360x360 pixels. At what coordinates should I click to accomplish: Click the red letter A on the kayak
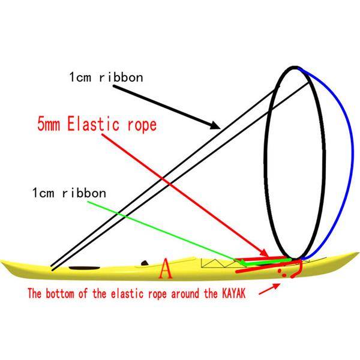pos(166,271)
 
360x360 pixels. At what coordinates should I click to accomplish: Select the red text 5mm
pos(47,125)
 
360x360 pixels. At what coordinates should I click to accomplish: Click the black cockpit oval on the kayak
pos(83,266)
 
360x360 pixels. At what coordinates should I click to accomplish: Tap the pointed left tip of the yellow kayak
pos(4,262)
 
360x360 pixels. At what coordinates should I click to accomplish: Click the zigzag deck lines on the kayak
pos(215,263)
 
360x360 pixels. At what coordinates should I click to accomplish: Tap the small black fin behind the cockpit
pos(144,262)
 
